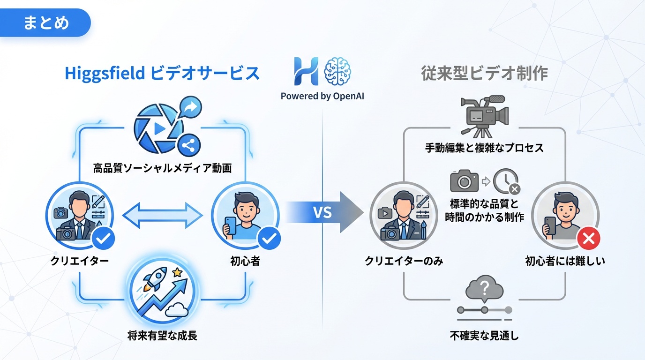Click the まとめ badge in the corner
coord(46,22)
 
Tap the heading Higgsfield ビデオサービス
coord(162,74)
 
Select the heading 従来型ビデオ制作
coord(484,74)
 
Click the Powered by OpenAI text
coord(322,97)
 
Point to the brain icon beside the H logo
coord(337,71)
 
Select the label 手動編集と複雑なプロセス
coord(484,148)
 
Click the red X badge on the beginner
coord(589,239)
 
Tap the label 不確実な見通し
coord(484,336)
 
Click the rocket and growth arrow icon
coord(162,293)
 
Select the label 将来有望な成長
coord(162,336)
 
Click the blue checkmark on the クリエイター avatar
coord(104,239)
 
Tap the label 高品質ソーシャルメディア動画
coord(162,168)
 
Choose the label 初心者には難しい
coord(565,261)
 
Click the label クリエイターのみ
coord(404,261)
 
